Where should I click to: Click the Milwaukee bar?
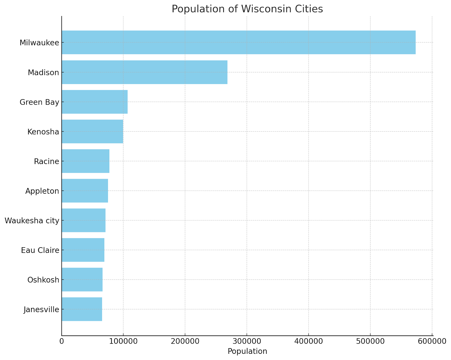click(x=238, y=42)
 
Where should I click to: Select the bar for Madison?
click(x=144, y=72)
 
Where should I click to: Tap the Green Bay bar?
click(x=94, y=102)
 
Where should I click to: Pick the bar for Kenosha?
click(x=92, y=131)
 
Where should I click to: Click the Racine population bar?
click(x=85, y=161)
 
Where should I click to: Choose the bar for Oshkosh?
click(x=82, y=280)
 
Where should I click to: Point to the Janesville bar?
click(x=82, y=309)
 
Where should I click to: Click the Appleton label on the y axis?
click(x=42, y=191)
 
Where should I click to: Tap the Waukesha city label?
click(x=32, y=220)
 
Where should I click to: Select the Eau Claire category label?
click(x=40, y=250)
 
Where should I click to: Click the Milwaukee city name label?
click(x=39, y=43)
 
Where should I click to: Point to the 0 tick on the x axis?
click(x=61, y=341)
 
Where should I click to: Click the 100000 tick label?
click(x=123, y=341)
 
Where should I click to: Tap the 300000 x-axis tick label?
click(x=247, y=341)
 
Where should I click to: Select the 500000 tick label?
click(x=370, y=341)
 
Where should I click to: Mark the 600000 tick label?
click(x=432, y=341)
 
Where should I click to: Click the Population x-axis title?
click(x=247, y=352)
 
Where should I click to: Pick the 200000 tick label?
click(x=185, y=341)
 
